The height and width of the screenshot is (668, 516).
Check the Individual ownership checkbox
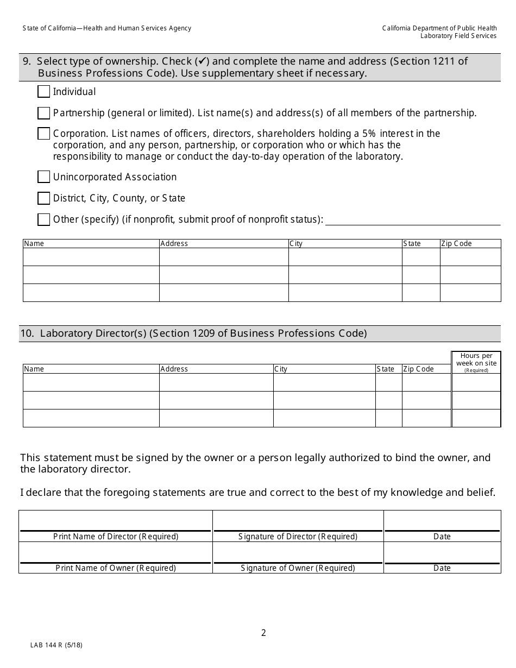pyautogui.click(x=43, y=91)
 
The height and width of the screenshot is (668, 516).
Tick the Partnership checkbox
pyautogui.click(x=43, y=113)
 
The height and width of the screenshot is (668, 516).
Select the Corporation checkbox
pyautogui.click(x=43, y=134)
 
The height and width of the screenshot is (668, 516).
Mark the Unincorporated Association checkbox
pyautogui.click(x=43, y=177)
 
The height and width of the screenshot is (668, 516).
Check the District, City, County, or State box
pyautogui.click(x=43, y=198)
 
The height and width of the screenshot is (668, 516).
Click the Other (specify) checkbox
pyautogui.click(x=43, y=219)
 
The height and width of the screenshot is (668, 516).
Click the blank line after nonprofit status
pyautogui.click(x=412, y=220)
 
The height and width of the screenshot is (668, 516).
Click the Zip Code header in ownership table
pyautogui.click(x=456, y=244)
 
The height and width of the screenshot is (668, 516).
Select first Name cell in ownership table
pyautogui.click(x=91, y=257)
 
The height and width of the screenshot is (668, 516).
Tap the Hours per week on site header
pyautogui.click(x=476, y=362)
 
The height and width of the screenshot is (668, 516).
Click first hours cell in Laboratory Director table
pyautogui.click(x=476, y=382)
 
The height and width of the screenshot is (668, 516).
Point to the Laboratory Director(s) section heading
pyautogui.click(x=193, y=333)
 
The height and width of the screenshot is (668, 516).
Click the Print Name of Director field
pyautogui.click(x=115, y=521)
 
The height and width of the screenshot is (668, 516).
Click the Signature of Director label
pyautogui.click(x=298, y=537)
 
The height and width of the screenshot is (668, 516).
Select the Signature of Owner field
pyautogui.click(x=298, y=553)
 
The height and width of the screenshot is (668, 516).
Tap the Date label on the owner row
pyautogui.click(x=442, y=568)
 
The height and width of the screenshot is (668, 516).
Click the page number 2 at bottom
pyautogui.click(x=263, y=633)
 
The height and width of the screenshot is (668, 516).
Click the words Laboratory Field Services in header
pyautogui.click(x=458, y=36)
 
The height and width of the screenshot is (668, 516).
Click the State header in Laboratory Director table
pyautogui.click(x=385, y=369)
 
